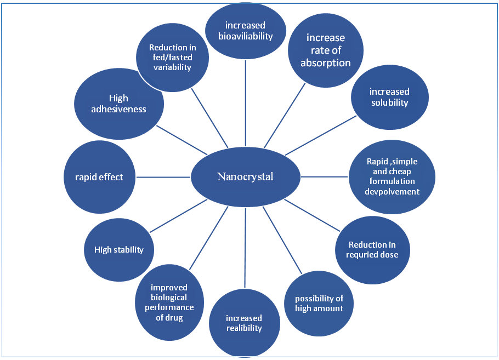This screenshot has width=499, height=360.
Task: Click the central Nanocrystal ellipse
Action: [x=246, y=176]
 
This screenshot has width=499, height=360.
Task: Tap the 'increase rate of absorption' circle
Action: [x=326, y=50]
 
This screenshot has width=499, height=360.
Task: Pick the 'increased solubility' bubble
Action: [x=389, y=97]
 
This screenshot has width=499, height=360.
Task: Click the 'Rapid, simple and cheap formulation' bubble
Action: [x=392, y=176]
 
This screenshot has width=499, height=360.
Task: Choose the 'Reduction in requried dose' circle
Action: [x=372, y=249]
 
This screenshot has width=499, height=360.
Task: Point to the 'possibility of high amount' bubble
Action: [x=319, y=303]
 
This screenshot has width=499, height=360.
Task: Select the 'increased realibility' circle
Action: [x=244, y=323]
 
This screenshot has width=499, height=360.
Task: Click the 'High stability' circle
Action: [x=118, y=250]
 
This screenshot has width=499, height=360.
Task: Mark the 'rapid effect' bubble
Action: [x=99, y=176]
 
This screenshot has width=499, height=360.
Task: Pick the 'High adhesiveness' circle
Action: [x=119, y=104]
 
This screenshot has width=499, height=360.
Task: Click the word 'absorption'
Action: [x=326, y=62]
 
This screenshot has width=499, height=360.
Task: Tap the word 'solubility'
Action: [x=389, y=102]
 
